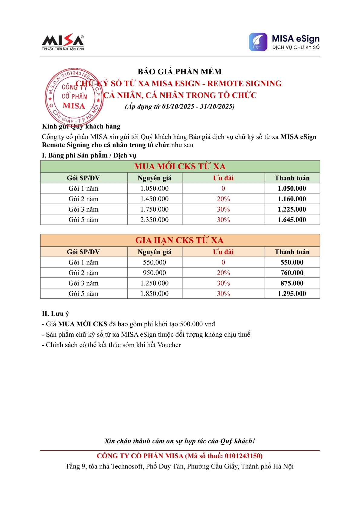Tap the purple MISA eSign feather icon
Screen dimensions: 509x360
258,42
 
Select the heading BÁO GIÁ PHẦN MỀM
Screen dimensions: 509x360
180,72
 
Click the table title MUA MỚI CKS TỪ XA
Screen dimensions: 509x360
180,167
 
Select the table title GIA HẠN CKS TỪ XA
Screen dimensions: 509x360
179,240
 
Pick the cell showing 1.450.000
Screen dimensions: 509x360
154,199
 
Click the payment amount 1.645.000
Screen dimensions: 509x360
292,220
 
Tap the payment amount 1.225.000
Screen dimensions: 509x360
292,209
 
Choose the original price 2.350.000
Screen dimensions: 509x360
154,220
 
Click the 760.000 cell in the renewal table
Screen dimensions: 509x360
292,273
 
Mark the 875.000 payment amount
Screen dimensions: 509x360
292,283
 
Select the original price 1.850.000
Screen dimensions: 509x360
154,293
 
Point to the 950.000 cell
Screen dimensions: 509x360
154,273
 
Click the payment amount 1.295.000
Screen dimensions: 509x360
292,293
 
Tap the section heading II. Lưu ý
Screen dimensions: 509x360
55,314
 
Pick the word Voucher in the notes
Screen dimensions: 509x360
169,345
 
